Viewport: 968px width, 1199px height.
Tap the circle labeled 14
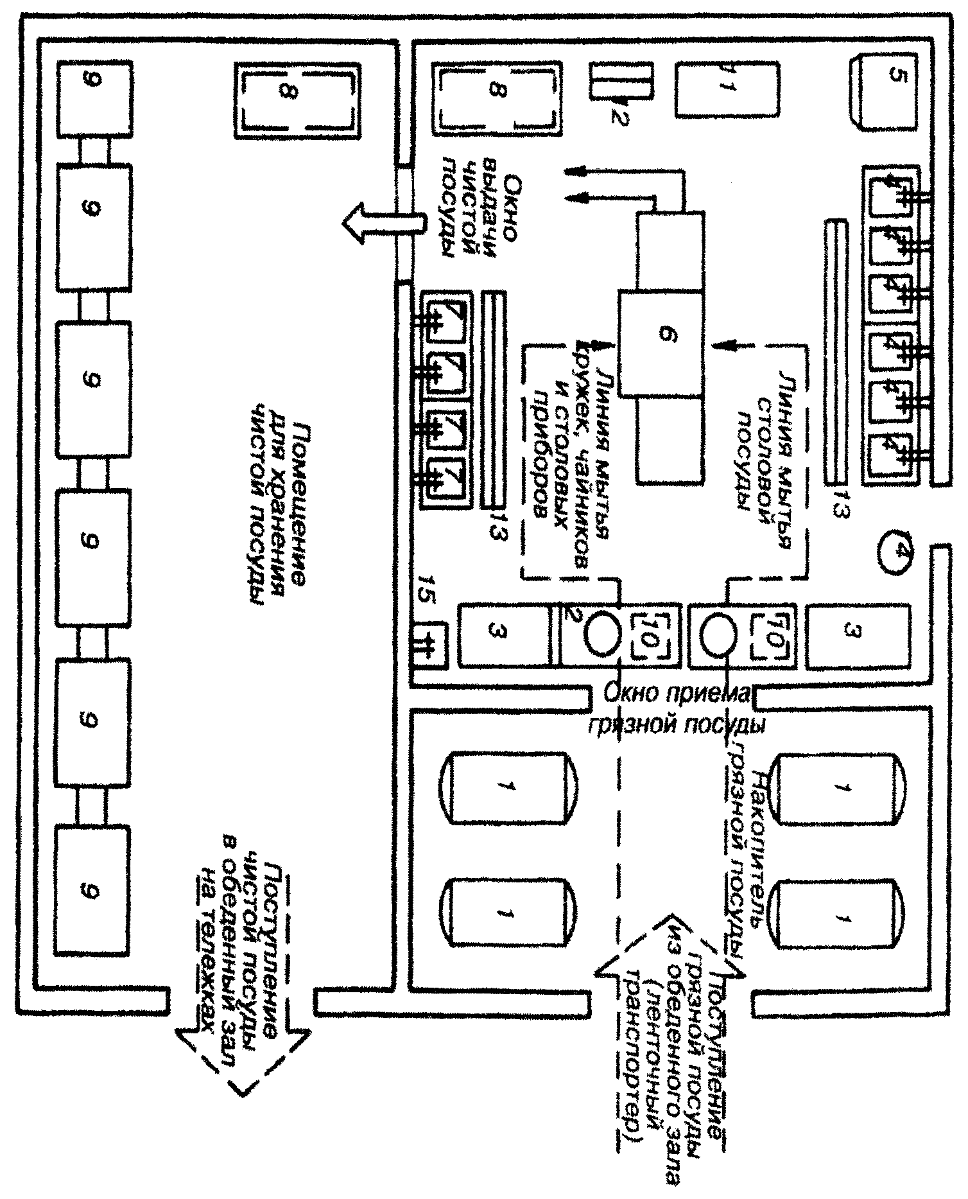(x=899, y=551)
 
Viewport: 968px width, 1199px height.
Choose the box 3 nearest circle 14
(x=856, y=635)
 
